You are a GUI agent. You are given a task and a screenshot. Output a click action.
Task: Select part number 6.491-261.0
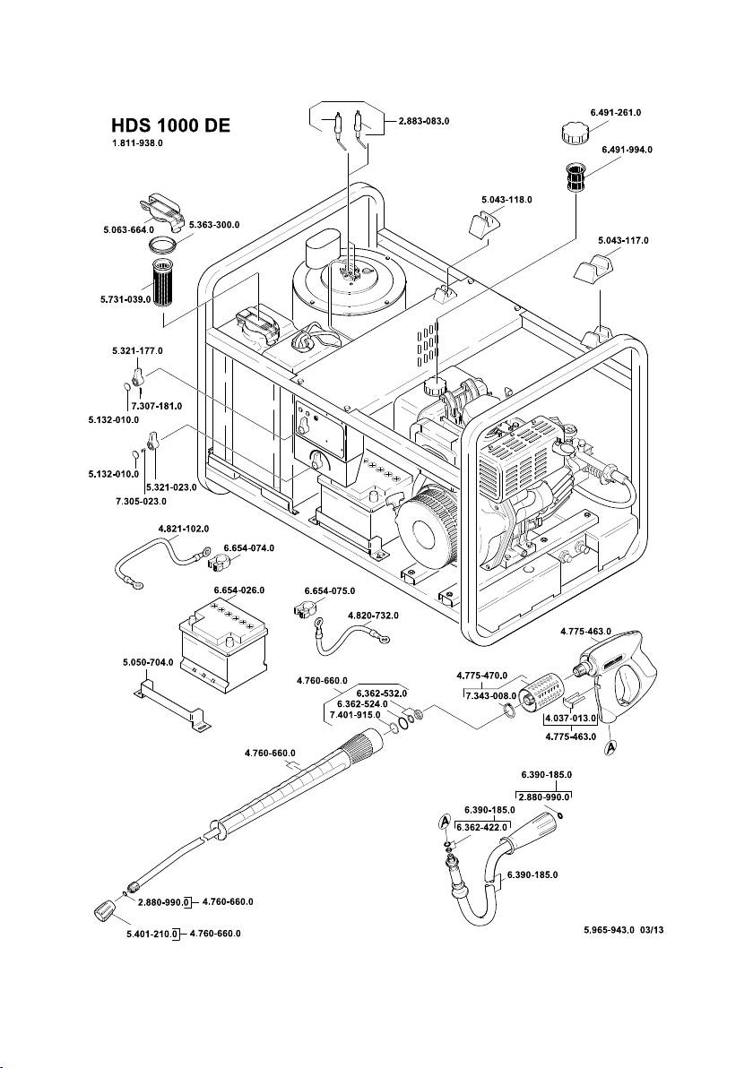[x=616, y=113]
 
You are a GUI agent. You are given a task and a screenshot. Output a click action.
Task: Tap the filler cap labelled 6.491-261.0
[x=571, y=136]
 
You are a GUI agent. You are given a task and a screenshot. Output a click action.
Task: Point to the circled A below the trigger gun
[x=611, y=745]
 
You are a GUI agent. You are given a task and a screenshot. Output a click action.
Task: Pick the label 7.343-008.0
[x=490, y=694]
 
